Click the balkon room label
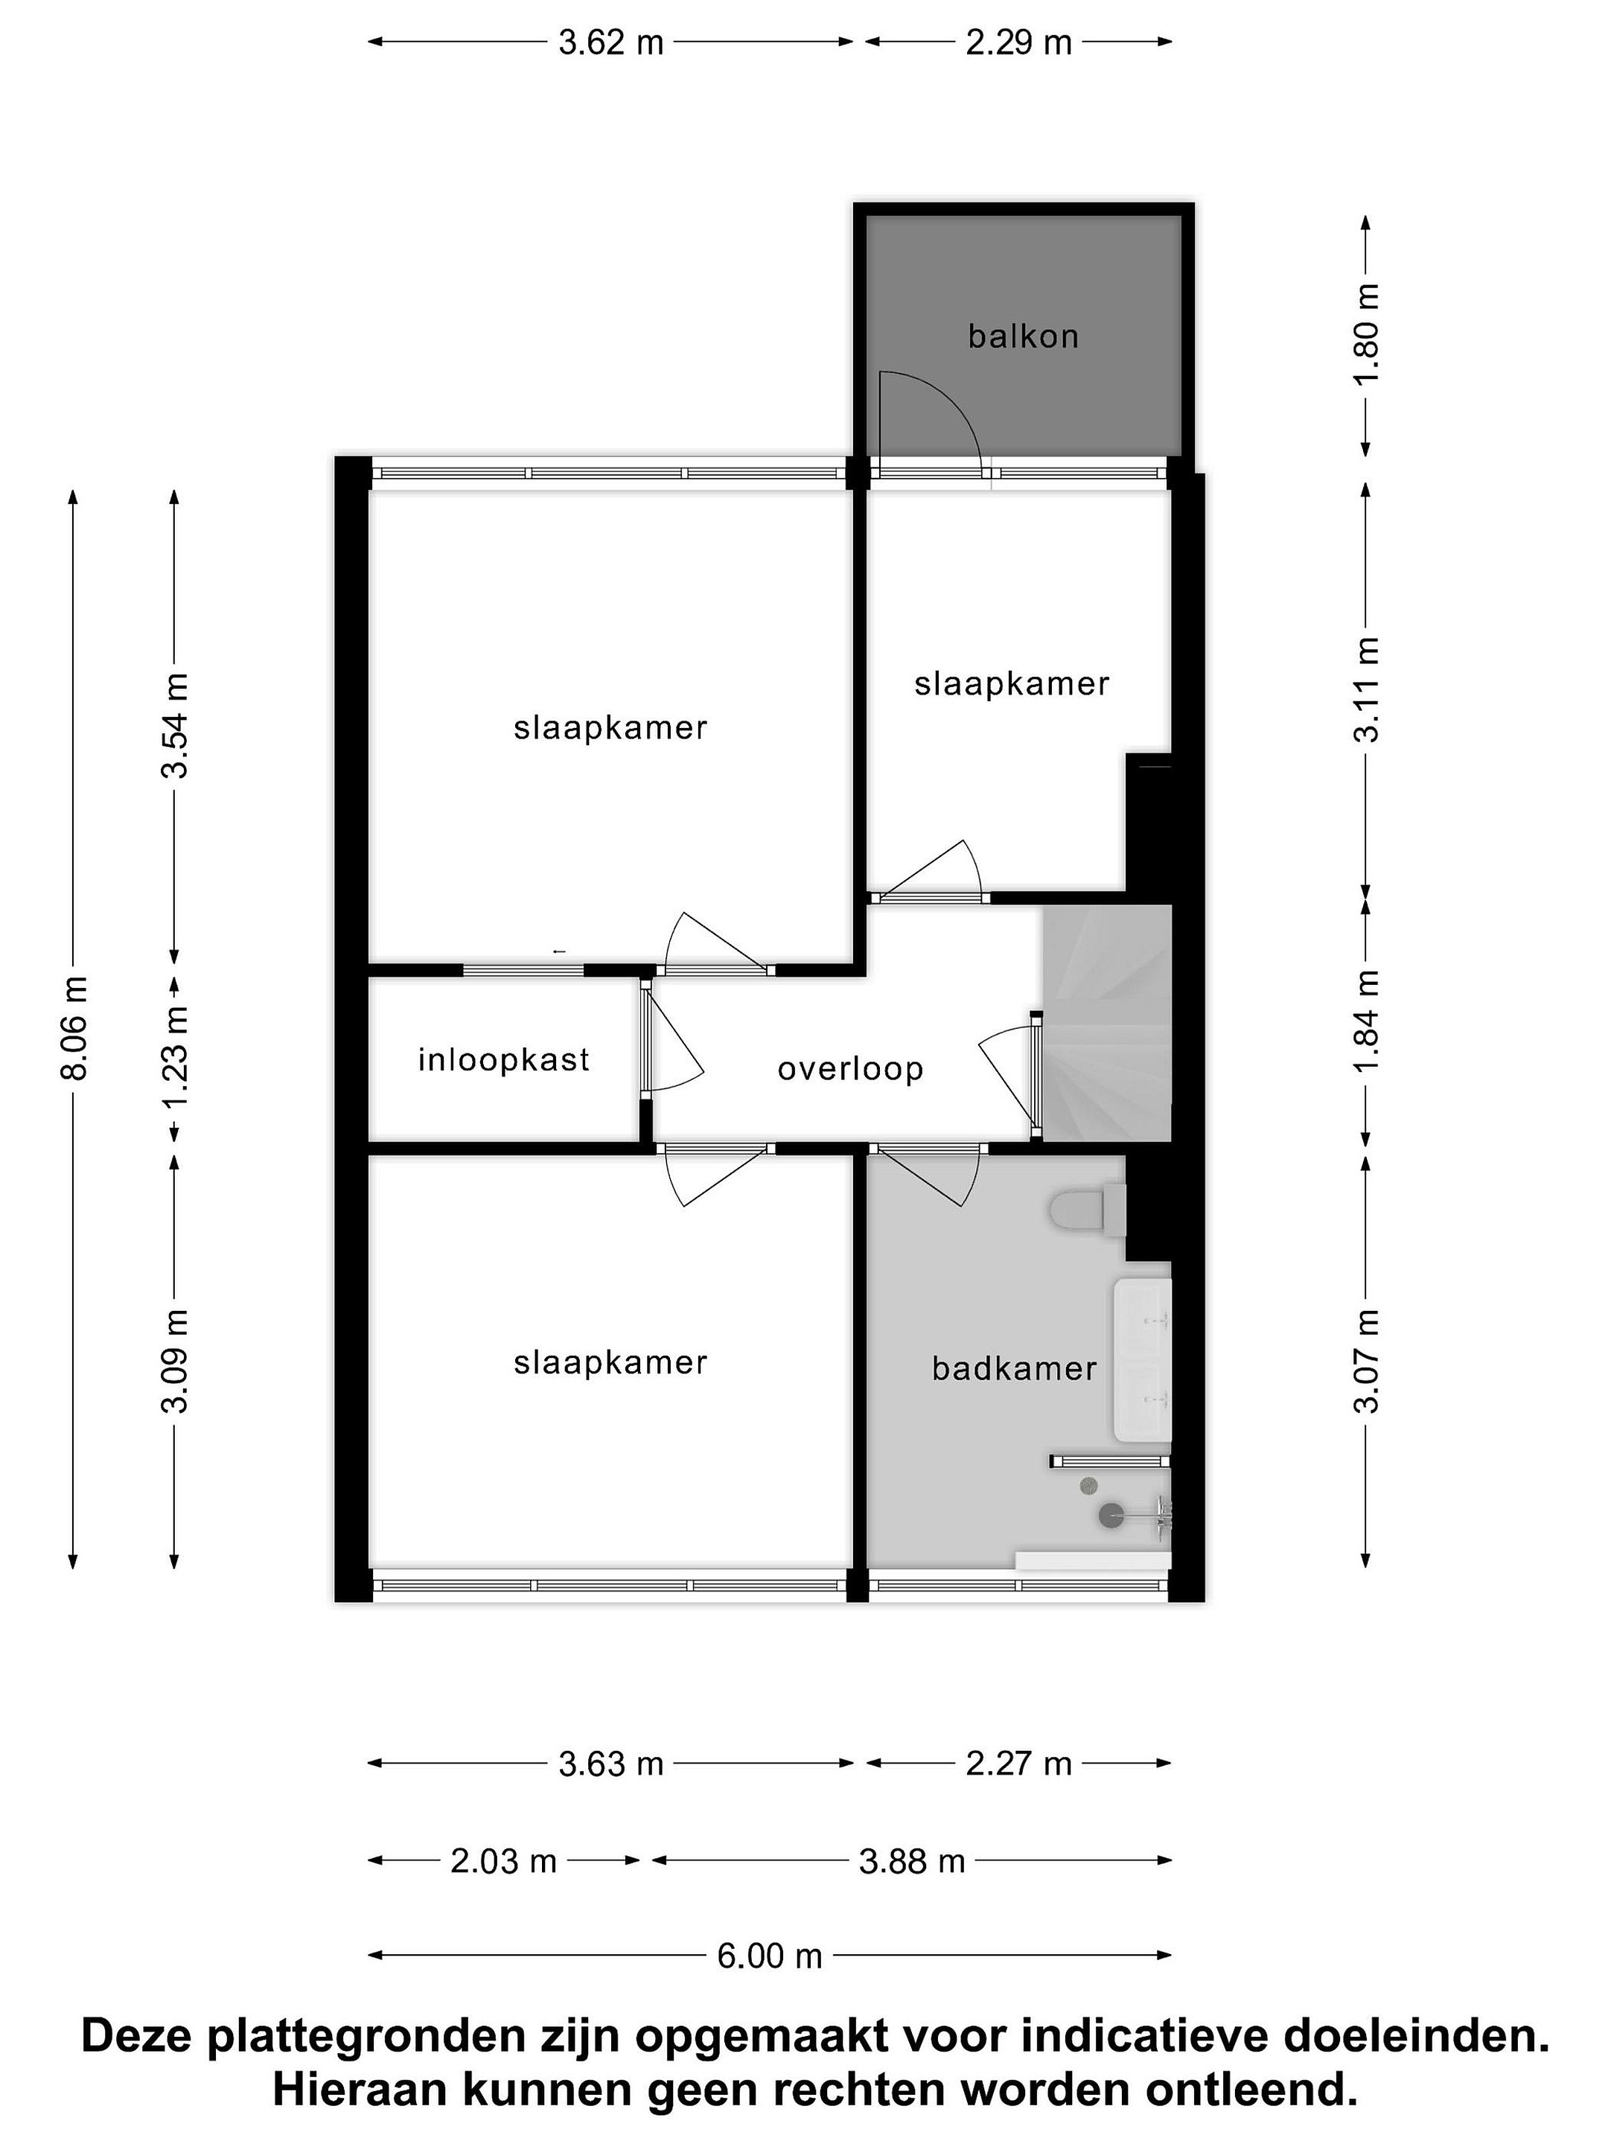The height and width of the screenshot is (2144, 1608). point(1023,336)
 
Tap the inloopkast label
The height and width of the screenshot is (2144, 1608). point(503,1059)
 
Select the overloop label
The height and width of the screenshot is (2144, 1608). point(850,1069)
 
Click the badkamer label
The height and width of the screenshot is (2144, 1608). point(1014,1368)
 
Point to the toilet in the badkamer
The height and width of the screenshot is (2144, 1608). point(1085,1210)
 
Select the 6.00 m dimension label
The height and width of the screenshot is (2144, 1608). point(768,1956)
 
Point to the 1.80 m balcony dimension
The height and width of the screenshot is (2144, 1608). point(1366,334)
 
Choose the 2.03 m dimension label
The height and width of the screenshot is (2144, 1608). point(503,1861)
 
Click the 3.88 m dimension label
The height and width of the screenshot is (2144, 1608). point(912,1861)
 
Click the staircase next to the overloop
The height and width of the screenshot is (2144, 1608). point(1105,1023)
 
